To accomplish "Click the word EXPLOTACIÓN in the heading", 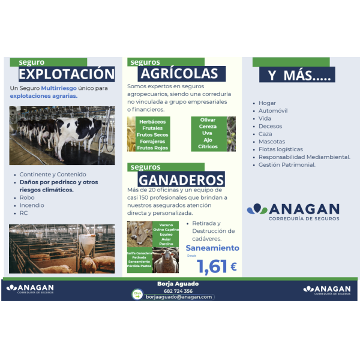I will [66, 74].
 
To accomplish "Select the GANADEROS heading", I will [181, 179].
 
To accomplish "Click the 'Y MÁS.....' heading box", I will [294, 76].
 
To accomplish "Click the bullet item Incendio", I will [32, 205].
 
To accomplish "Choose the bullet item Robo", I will [27, 197].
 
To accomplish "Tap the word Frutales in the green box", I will [152, 128].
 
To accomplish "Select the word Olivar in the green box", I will [208, 120].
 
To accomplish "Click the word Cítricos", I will [208, 146].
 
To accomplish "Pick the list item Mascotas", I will [272, 142].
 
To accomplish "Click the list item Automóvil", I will [273, 111].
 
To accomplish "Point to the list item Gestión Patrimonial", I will [287, 164].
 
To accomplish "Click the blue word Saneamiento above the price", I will [212, 248].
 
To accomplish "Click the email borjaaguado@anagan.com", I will [179, 297].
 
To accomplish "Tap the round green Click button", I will [137, 294].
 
